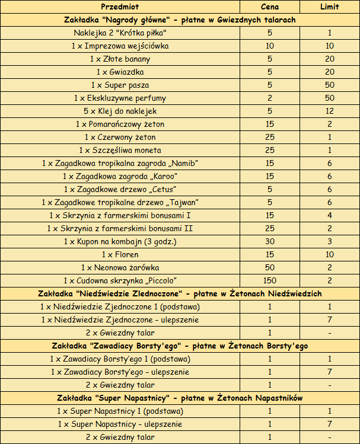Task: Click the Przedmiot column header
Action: [120, 7]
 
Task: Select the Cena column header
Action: [270, 7]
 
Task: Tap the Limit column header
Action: [329, 7]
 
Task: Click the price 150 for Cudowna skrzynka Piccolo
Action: [270, 280]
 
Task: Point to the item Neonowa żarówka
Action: [120, 267]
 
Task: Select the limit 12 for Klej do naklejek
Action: [329, 111]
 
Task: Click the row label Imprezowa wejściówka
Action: [120, 46]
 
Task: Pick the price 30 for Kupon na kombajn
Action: [270, 241]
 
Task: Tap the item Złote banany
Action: [120, 59]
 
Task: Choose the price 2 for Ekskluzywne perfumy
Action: [270, 98]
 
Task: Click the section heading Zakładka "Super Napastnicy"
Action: [180, 398]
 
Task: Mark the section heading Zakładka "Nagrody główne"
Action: [180, 20]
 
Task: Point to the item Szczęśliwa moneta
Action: [120, 150]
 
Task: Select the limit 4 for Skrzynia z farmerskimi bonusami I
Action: [329, 215]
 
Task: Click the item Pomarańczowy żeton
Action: [120, 124]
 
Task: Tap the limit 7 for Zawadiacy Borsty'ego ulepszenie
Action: [329, 372]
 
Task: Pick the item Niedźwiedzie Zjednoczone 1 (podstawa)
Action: [120, 306]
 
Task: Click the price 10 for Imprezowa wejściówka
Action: [270, 46]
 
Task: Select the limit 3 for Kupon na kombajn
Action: [329, 241]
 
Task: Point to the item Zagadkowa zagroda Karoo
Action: [120, 176]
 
